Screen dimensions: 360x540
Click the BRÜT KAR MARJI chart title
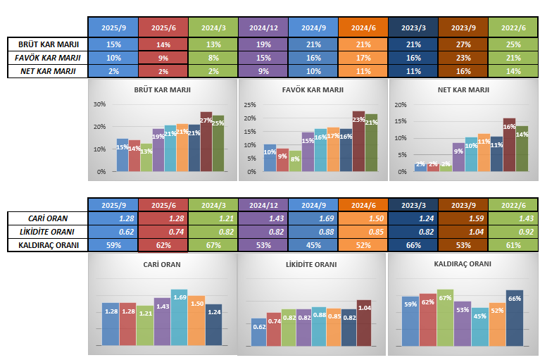tap(162, 90)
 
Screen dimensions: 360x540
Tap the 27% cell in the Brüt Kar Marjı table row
tap(463, 44)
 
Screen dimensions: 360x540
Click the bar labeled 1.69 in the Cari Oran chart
tap(179, 317)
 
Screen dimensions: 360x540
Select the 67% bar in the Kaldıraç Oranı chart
tap(445, 317)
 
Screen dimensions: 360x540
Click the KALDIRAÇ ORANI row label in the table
tap(47, 245)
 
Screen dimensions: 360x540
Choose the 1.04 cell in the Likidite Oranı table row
tap(463, 232)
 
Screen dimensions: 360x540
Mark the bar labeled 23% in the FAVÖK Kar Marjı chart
tap(358, 141)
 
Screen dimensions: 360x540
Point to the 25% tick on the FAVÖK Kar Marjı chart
tap(249, 104)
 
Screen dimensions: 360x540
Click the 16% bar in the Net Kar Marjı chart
tap(509, 144)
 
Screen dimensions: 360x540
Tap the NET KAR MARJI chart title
tap(463, 90)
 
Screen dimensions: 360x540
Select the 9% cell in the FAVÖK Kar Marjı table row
tap(163, 57)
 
